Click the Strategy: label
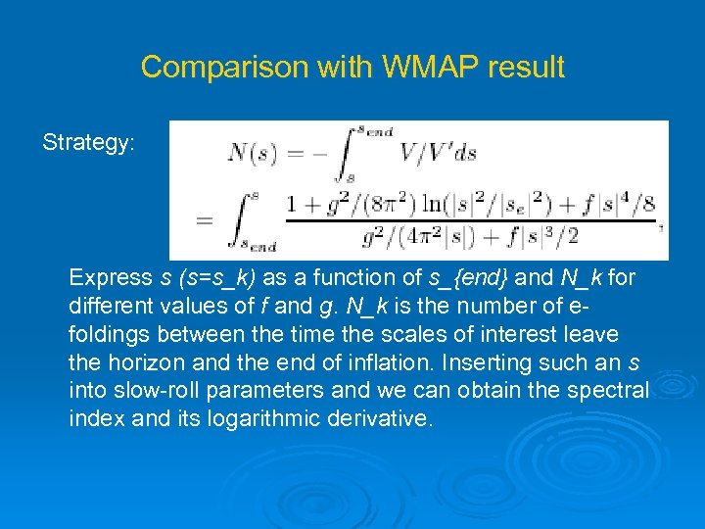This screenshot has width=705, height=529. pyautogui.click(x=88, y=143)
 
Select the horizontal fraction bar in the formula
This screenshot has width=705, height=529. pyautogui.click(x=469, y=220)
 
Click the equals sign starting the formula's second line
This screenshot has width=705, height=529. pyautogui.click(x=205, y=221)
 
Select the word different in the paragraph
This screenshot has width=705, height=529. pyautogui.click(x=109, y=307)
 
